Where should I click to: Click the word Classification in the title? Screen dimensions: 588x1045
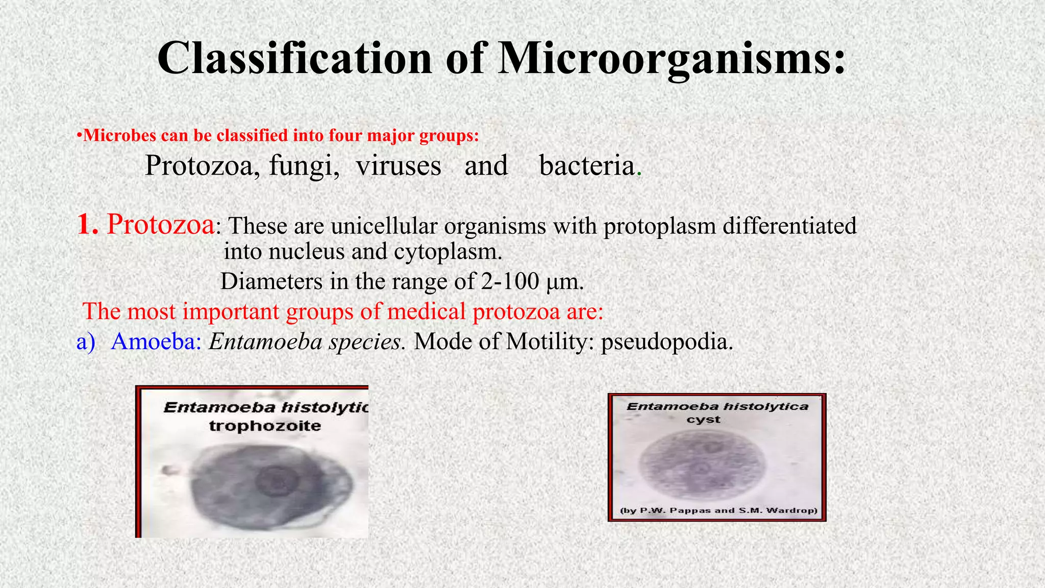(294, 59)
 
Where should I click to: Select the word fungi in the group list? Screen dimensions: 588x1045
(304, 166)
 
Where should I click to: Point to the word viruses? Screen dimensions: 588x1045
(398, 166)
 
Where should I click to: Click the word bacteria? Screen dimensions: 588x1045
(587, 166)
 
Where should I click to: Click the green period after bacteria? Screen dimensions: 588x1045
(639, 174)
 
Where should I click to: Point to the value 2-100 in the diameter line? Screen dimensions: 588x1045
(509, 281)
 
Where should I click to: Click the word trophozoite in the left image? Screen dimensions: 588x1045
(265, 426)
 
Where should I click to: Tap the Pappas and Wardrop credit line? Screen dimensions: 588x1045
(718, 510)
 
